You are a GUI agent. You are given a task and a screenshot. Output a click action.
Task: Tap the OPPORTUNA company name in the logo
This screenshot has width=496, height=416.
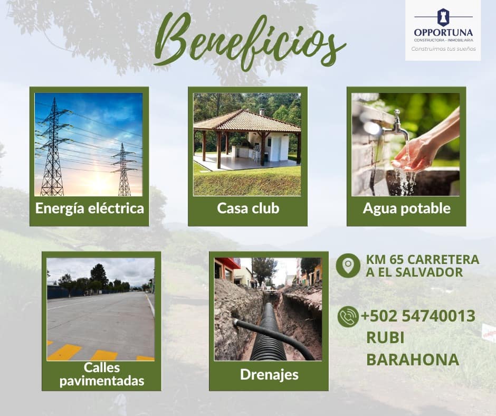coord(443,33)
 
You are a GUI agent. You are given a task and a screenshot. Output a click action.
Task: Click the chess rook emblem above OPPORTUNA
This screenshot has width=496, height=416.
coord(443,17)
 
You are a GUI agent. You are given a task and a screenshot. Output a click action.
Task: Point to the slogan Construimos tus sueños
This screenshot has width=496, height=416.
coord(443,49)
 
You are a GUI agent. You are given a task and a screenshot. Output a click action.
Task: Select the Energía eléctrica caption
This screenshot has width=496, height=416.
coord(90,209)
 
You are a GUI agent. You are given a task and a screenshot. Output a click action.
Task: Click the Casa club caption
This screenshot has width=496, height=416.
coord(248,209)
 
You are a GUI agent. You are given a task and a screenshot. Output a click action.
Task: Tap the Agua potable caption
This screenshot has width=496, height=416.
coord(407,209)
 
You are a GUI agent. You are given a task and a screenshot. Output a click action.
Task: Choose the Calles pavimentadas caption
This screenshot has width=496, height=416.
coord(102,374)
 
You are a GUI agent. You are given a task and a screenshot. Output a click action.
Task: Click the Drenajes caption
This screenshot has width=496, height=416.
coord(269,374)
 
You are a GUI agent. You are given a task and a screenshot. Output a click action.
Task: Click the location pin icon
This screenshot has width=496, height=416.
coord(348,266)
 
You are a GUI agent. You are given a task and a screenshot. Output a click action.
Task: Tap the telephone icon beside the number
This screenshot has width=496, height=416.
coord(348,317)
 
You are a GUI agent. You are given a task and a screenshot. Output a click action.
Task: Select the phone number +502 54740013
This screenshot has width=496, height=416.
coord(418,316)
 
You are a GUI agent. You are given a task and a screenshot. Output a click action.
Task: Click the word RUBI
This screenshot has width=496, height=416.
coord(385,338)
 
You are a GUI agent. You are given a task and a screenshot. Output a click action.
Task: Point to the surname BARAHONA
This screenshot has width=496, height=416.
coord(413,360)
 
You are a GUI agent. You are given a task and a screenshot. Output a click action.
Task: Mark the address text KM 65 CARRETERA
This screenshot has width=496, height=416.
coord(423,259)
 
